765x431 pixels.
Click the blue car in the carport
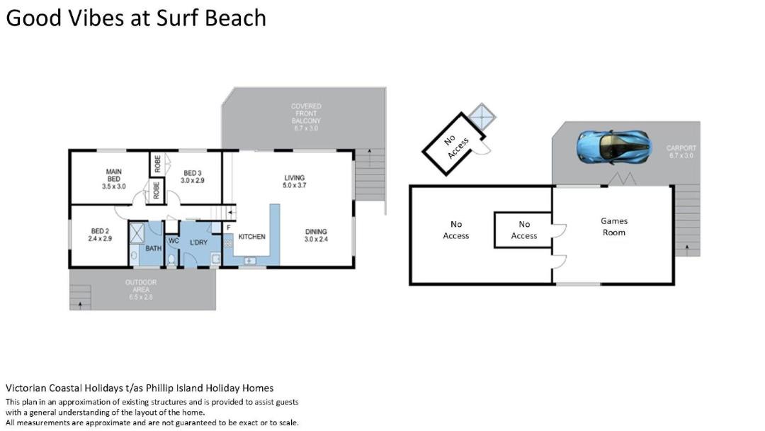tap(613, 146)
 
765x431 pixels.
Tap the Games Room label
tap(613, 227)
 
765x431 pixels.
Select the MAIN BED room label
tap(113, 179)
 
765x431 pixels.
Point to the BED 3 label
tap(193, 177)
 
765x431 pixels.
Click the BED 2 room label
tap(100, 235)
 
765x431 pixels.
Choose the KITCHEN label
tap(251, 237)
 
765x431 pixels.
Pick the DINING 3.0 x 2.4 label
tap(316, 235)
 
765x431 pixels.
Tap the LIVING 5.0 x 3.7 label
tap(295, 181)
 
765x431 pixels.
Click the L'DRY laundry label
tap(198, 242)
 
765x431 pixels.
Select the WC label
tap(174, 241)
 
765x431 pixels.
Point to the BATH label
tap(153, 248)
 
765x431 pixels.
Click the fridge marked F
tap(228, 228)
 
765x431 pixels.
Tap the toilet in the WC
tap(171, 260)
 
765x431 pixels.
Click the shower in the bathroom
tap(137, 233)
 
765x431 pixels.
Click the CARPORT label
tap(681, 152)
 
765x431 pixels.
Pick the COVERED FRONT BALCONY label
tap(306, 117)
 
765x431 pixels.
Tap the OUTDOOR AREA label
tap(141, 289)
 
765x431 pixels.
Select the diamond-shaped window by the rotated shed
tap(482, 117)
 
